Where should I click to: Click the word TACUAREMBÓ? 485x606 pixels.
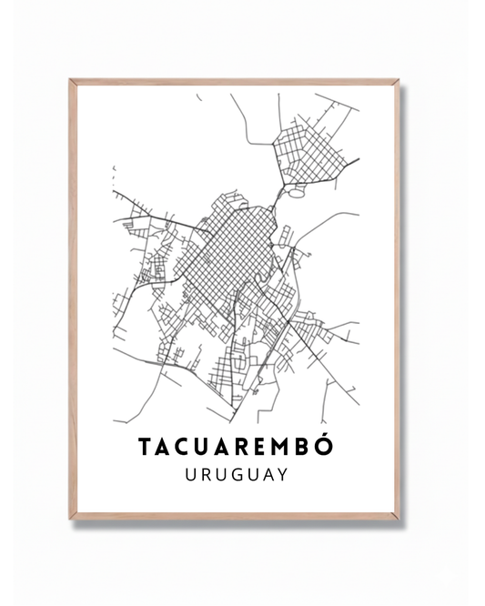tap(236, 447)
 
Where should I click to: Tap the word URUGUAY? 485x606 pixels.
tap(236, 475)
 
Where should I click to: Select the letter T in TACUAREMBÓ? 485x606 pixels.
tap(146, 448)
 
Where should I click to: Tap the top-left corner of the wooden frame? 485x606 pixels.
tap(70, 80)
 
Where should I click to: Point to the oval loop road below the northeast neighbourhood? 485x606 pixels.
tap(297, 192)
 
